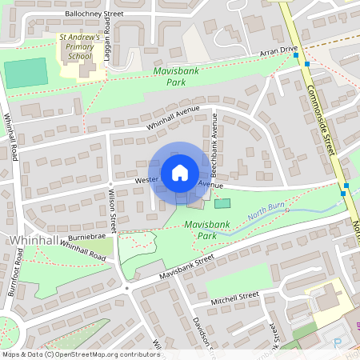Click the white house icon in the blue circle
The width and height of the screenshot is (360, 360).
pyautogui.click(x=179, y=172)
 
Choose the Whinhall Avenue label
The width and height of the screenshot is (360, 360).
pyautogui.click(x=173, y=119)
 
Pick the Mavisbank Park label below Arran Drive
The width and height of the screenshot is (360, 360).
pyautogui.click(x=175, y=77)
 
